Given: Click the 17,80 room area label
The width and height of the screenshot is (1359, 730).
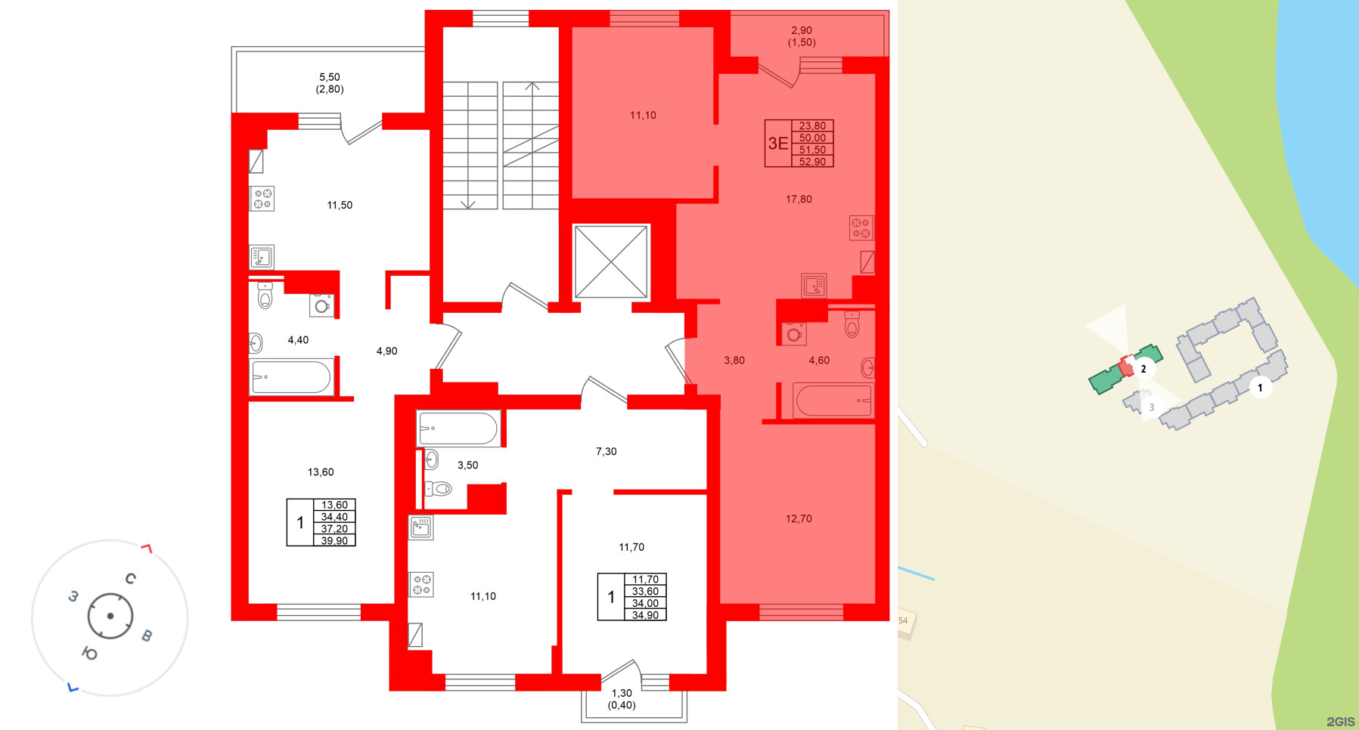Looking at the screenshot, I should (x=799, y=200).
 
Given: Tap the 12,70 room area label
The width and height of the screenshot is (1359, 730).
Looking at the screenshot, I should (x=799, y=518).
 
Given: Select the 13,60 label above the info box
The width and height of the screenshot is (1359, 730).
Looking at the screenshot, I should (x=321, y=472).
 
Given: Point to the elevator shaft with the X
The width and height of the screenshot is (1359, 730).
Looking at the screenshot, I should (x=611, y=261).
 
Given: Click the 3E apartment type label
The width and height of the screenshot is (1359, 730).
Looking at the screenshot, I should (x=777, y=144).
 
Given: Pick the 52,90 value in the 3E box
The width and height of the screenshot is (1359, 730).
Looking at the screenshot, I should (x=812, y=162).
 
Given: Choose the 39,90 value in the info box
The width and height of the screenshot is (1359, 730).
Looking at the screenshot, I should (x=334, y=541).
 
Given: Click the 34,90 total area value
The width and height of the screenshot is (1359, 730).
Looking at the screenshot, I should (x=645, y=615).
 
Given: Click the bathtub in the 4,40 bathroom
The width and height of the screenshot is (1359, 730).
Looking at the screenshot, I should (x=291, y=376).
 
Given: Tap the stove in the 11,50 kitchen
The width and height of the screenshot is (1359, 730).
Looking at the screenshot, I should (x=262, y=199).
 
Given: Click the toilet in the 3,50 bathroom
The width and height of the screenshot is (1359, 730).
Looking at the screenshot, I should (x=439, y=489).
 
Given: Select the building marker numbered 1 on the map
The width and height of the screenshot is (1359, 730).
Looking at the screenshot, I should (x=1260, y=388).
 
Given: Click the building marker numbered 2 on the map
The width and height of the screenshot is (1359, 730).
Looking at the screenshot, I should (x=1143, y=369).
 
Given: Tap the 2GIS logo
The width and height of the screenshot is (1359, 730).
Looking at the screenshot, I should (x=1340, y=722).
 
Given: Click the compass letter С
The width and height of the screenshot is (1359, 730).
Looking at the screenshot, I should (x=130, y=579).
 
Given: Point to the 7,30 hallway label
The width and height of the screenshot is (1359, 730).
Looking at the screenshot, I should (x=606, y=452).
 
